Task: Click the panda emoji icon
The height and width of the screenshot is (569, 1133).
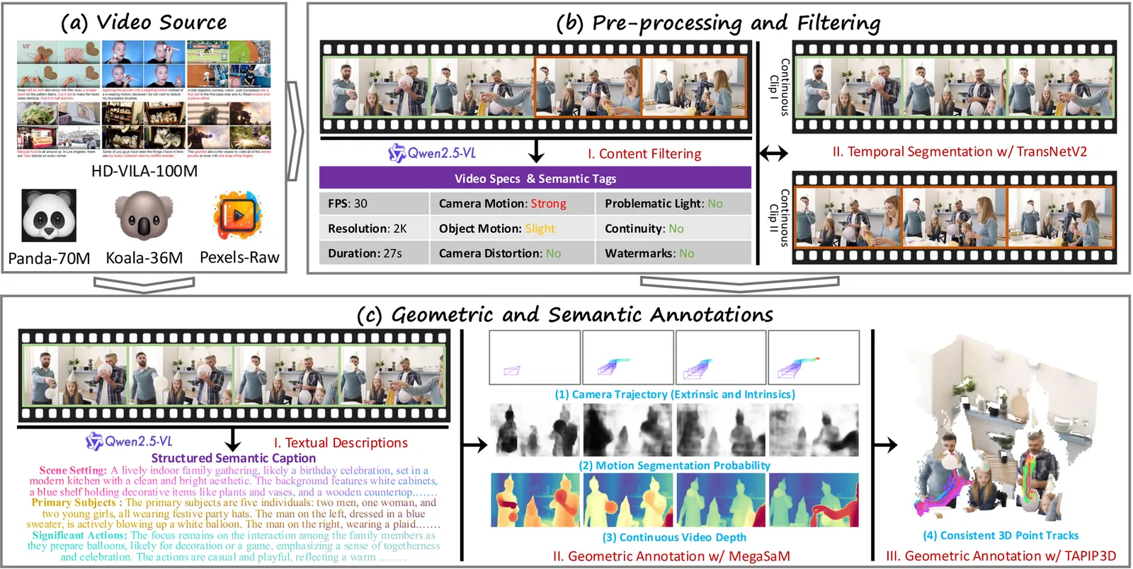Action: tap(49, 216)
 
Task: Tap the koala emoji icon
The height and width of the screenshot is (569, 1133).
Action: tap(144, 216)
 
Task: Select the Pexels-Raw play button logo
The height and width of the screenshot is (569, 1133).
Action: tap(238, 215)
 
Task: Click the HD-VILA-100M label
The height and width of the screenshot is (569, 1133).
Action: tap(144, 171)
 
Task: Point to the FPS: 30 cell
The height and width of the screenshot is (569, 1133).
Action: tap(373, 204)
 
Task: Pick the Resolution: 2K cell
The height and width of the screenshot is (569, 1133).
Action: tap(373, 229)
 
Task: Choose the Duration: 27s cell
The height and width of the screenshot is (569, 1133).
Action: tap(373, 253)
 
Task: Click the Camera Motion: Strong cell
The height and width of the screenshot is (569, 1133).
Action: tap(512, 204)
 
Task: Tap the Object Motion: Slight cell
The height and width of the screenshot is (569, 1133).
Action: tap(512, 229)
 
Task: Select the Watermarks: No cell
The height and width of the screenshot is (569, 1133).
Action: tap(673, 253)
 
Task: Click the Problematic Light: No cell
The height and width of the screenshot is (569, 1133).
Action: tap(673, 204)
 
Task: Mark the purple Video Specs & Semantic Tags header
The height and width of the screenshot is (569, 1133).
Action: tap(535, 178)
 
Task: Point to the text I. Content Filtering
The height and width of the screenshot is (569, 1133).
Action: tap(644, 154)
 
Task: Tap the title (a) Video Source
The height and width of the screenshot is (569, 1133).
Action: tap(144, 22)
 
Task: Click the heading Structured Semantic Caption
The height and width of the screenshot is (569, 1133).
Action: tap(233, 458)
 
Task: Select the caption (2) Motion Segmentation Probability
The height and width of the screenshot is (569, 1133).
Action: tap(674, 466)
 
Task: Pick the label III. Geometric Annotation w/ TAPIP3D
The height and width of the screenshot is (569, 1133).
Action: tap(1001, 556)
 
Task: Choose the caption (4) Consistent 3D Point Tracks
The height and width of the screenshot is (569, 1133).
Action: tap(1001, 536)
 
